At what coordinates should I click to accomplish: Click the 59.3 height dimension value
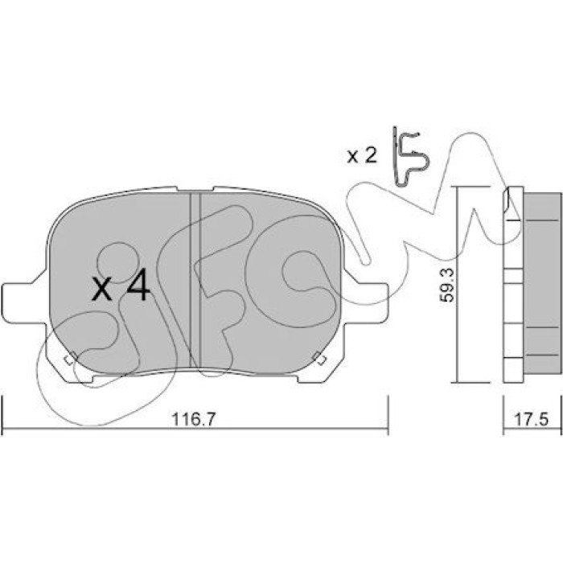tap(447, 285)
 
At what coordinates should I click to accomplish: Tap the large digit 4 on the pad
tap(139, 284)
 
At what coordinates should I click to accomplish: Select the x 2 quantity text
tap(362, 156)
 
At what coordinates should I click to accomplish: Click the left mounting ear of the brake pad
tap(23, 302)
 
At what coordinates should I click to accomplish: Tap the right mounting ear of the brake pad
tap(366, 302)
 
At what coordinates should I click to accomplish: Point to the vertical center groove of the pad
tap(195, 281)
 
